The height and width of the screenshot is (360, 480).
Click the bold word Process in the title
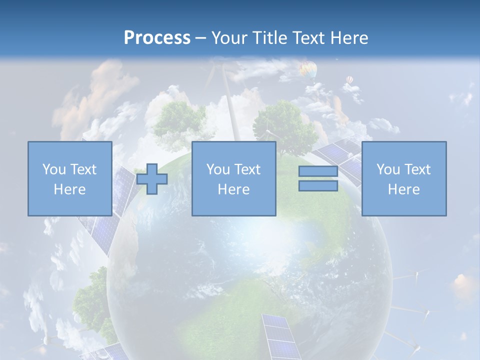click(x=157, y=37)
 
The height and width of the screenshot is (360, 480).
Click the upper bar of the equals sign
click(x=318, y=171)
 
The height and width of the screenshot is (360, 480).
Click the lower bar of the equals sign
click(x=318, y=186)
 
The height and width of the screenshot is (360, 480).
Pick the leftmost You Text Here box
click(x=69, y=178)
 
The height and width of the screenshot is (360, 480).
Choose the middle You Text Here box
click(x=233, y=178)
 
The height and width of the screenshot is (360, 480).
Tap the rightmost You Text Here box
click(x=403, y=178)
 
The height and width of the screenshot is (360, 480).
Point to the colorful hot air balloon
click(x=308, y=69)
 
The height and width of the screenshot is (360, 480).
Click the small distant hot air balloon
click(x=349, y=80)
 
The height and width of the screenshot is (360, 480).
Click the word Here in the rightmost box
click(x=403, y=189)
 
